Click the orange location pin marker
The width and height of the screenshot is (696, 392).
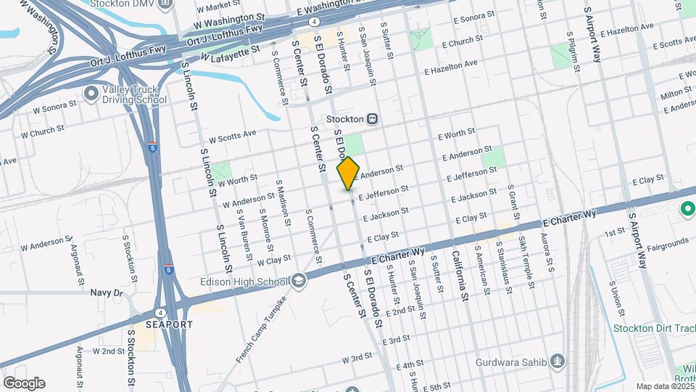coord(349,173)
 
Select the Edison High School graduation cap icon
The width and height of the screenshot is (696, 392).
coord(299,282)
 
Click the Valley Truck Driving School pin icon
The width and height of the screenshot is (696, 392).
coord(91,93)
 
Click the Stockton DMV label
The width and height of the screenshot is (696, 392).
coord(127,4)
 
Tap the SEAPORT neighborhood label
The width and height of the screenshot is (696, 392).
coord(169,324)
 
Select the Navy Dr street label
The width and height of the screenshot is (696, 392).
coord(107,293)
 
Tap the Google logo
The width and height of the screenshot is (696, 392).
coord(23,383)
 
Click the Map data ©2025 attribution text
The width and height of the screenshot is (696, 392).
coord(664,386)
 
